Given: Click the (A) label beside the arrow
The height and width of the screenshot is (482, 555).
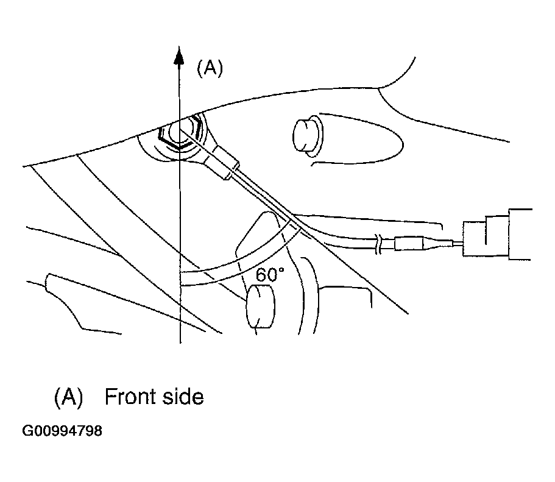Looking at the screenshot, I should click(x=210, y=69).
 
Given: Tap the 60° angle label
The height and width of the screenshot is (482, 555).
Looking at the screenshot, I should click(x=269, y=275).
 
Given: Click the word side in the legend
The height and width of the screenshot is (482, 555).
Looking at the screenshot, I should click(x=183, y=397).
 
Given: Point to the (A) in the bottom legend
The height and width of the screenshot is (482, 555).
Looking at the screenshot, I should click(x=68, y=397).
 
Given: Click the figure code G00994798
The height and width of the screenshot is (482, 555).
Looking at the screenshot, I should click(x=62, y=432).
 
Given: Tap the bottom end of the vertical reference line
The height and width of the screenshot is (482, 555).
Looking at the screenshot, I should click(x=180, y=342).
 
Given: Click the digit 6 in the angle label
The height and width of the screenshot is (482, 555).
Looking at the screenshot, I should click(x=260, y=275).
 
